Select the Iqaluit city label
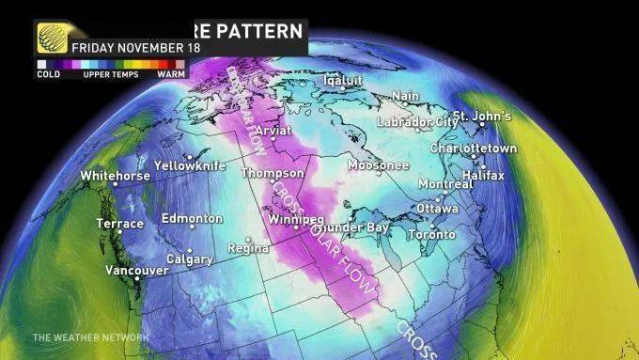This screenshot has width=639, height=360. pyautogui.click(x=342, y=80)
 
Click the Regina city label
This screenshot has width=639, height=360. pyautogui.click(x=248, y=249)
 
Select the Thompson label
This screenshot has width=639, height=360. pyautogui.click(x=273, y=174)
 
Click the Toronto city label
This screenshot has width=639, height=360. pyautogui.click(x=432, y=234)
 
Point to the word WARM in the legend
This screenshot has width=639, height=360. pyautogui.click(x=170, y=72)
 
